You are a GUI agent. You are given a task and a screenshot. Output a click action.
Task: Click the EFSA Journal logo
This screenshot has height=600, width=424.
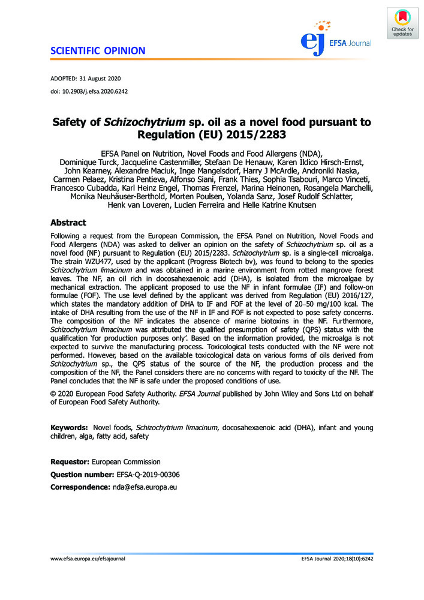[336, 37]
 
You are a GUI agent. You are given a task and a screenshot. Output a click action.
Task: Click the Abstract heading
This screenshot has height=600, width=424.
[68, 223]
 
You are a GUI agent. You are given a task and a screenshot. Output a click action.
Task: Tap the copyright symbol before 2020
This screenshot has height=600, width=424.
[54, 393]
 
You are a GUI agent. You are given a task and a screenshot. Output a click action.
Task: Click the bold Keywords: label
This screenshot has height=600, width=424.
[70, 427]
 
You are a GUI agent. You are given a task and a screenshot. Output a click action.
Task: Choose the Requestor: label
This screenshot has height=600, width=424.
[70, 462]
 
